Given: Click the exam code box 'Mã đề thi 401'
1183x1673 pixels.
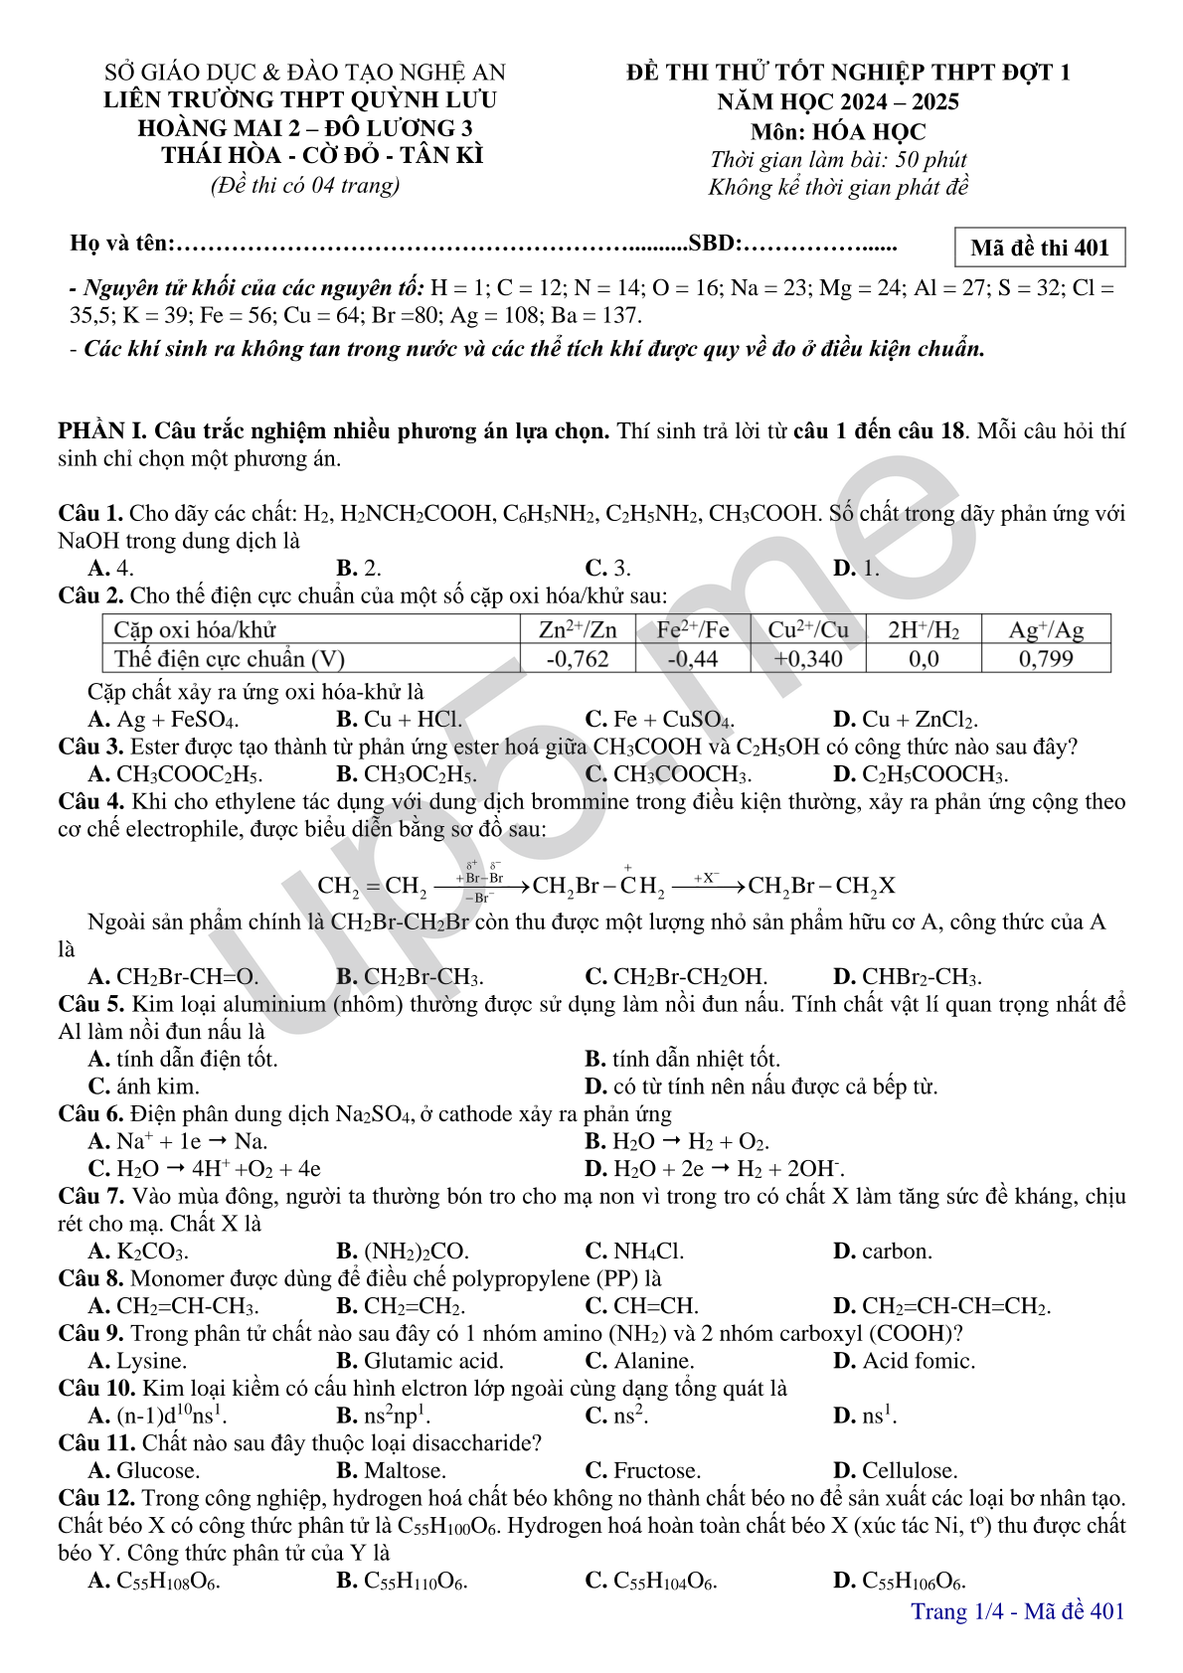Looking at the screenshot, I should click(1039, 248).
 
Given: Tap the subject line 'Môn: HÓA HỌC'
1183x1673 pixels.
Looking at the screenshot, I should click(838, 131).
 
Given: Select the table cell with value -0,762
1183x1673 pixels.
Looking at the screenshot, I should click(577, 659).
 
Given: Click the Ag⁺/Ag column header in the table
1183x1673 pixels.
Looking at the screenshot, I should click(1045, 630).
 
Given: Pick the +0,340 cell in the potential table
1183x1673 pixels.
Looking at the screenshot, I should click(807, 659).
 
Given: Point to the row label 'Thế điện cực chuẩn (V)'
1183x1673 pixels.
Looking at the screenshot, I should click(229, 659).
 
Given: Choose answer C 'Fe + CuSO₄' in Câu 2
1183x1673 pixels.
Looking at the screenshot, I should click(660, 720).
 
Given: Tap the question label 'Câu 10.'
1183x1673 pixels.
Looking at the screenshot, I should click(97, 1389).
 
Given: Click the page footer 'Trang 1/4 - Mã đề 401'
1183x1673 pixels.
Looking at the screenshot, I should click(1017, 1611).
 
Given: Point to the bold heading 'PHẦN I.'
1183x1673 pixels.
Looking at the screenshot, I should click(102, 431).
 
